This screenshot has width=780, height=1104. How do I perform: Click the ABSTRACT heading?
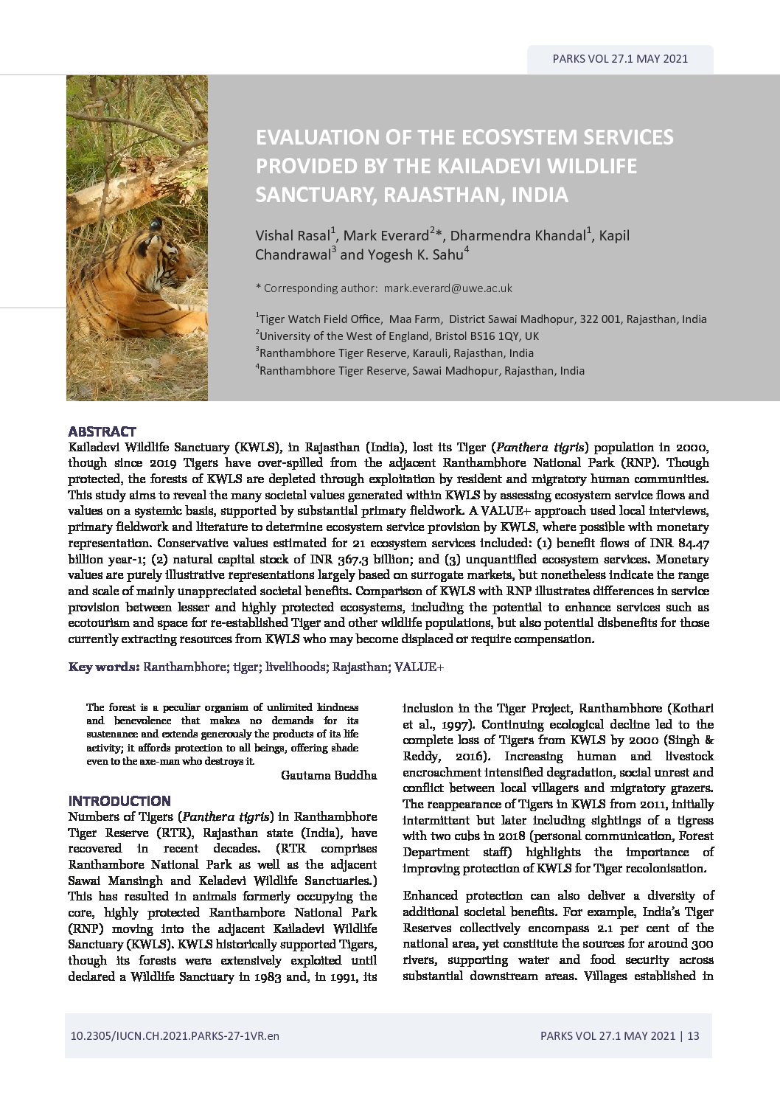(x=102, y=431)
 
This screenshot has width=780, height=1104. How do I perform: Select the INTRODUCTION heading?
(x=119, y=801)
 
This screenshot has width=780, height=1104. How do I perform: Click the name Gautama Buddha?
(x=329, y=775)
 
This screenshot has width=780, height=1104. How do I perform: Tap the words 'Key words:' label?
(x=104, y=667)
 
